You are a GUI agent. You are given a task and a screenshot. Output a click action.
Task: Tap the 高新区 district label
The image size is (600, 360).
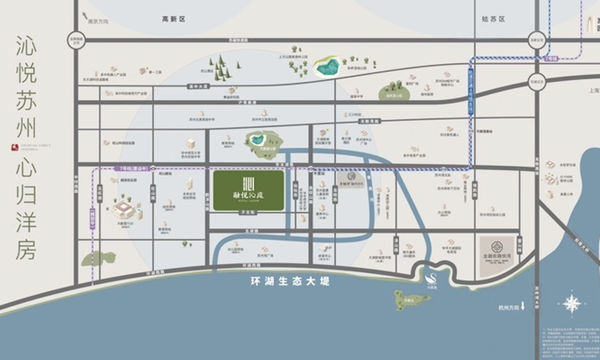(x=173, y=18)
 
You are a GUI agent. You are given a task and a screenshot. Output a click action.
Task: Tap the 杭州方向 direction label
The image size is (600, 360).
(x=510, y=306)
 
